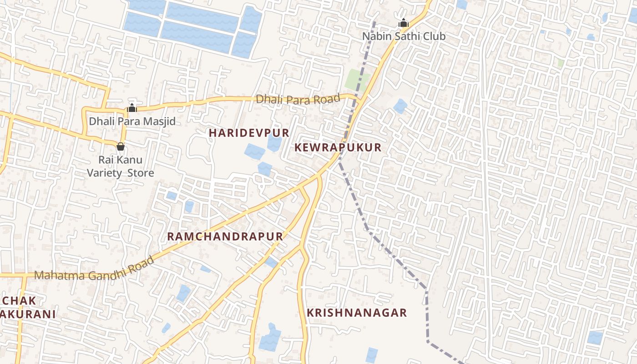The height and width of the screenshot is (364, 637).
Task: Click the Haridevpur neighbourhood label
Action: click(x=249, y=133)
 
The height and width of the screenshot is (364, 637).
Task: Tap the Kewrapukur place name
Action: click(x=338, y=147)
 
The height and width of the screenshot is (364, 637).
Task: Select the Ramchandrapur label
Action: click(x=225, y=236)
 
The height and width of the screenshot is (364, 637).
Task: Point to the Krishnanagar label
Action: click(x=357, y=313)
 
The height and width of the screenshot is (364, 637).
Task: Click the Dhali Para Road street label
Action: click(x=298, y=99)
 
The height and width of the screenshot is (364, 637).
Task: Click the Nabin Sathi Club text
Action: click(x=404, y=36)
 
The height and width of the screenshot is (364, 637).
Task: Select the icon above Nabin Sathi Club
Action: click(x=404, y=23)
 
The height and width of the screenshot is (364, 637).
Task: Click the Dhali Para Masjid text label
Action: click(x=132, y=121)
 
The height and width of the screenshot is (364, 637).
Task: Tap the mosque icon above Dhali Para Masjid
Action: click(x=132, y=108)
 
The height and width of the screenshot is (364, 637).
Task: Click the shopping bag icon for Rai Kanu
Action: click(x=121, y=146)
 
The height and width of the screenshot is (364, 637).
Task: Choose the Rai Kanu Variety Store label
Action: click(x=121, y=167)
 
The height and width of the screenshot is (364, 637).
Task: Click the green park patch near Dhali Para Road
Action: click(x=357, y=80)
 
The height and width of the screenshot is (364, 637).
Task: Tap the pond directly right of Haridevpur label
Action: click(x=274, y=143)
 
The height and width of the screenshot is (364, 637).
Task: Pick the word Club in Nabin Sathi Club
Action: click(x=435, y=36)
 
